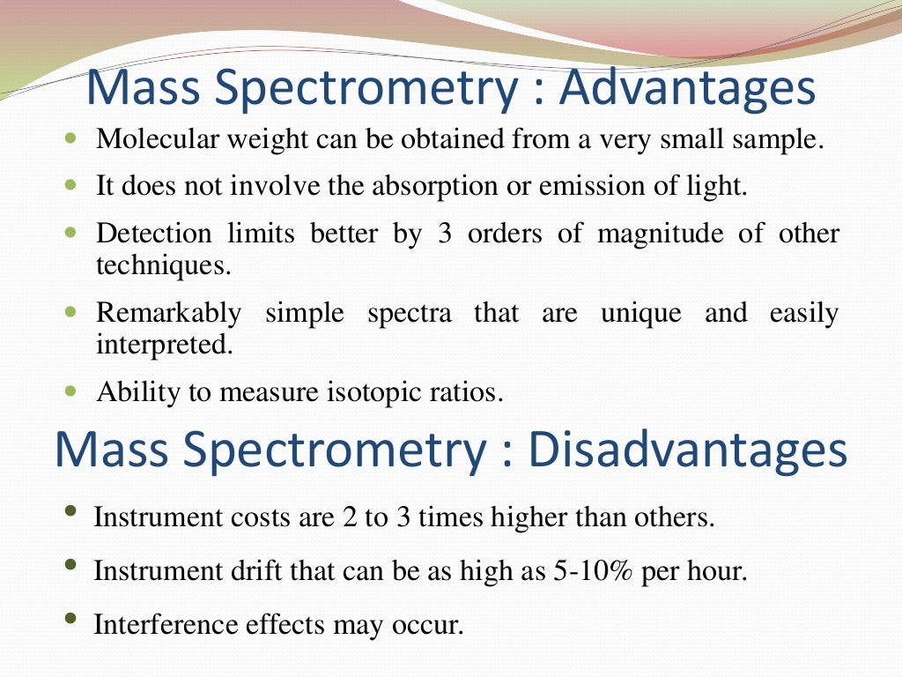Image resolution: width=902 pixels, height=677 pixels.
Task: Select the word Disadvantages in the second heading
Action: click(x=688, y=450)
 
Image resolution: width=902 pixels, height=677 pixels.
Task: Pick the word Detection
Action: click(x=154, y=234)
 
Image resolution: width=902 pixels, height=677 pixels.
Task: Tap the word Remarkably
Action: click(x=168, y=313)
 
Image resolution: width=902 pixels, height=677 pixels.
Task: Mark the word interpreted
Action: click(x=165, y=344)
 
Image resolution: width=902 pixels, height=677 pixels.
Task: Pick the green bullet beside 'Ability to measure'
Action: click(x=70, y=389)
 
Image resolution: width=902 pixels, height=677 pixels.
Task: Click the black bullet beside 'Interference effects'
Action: click(x=70, y=620)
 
